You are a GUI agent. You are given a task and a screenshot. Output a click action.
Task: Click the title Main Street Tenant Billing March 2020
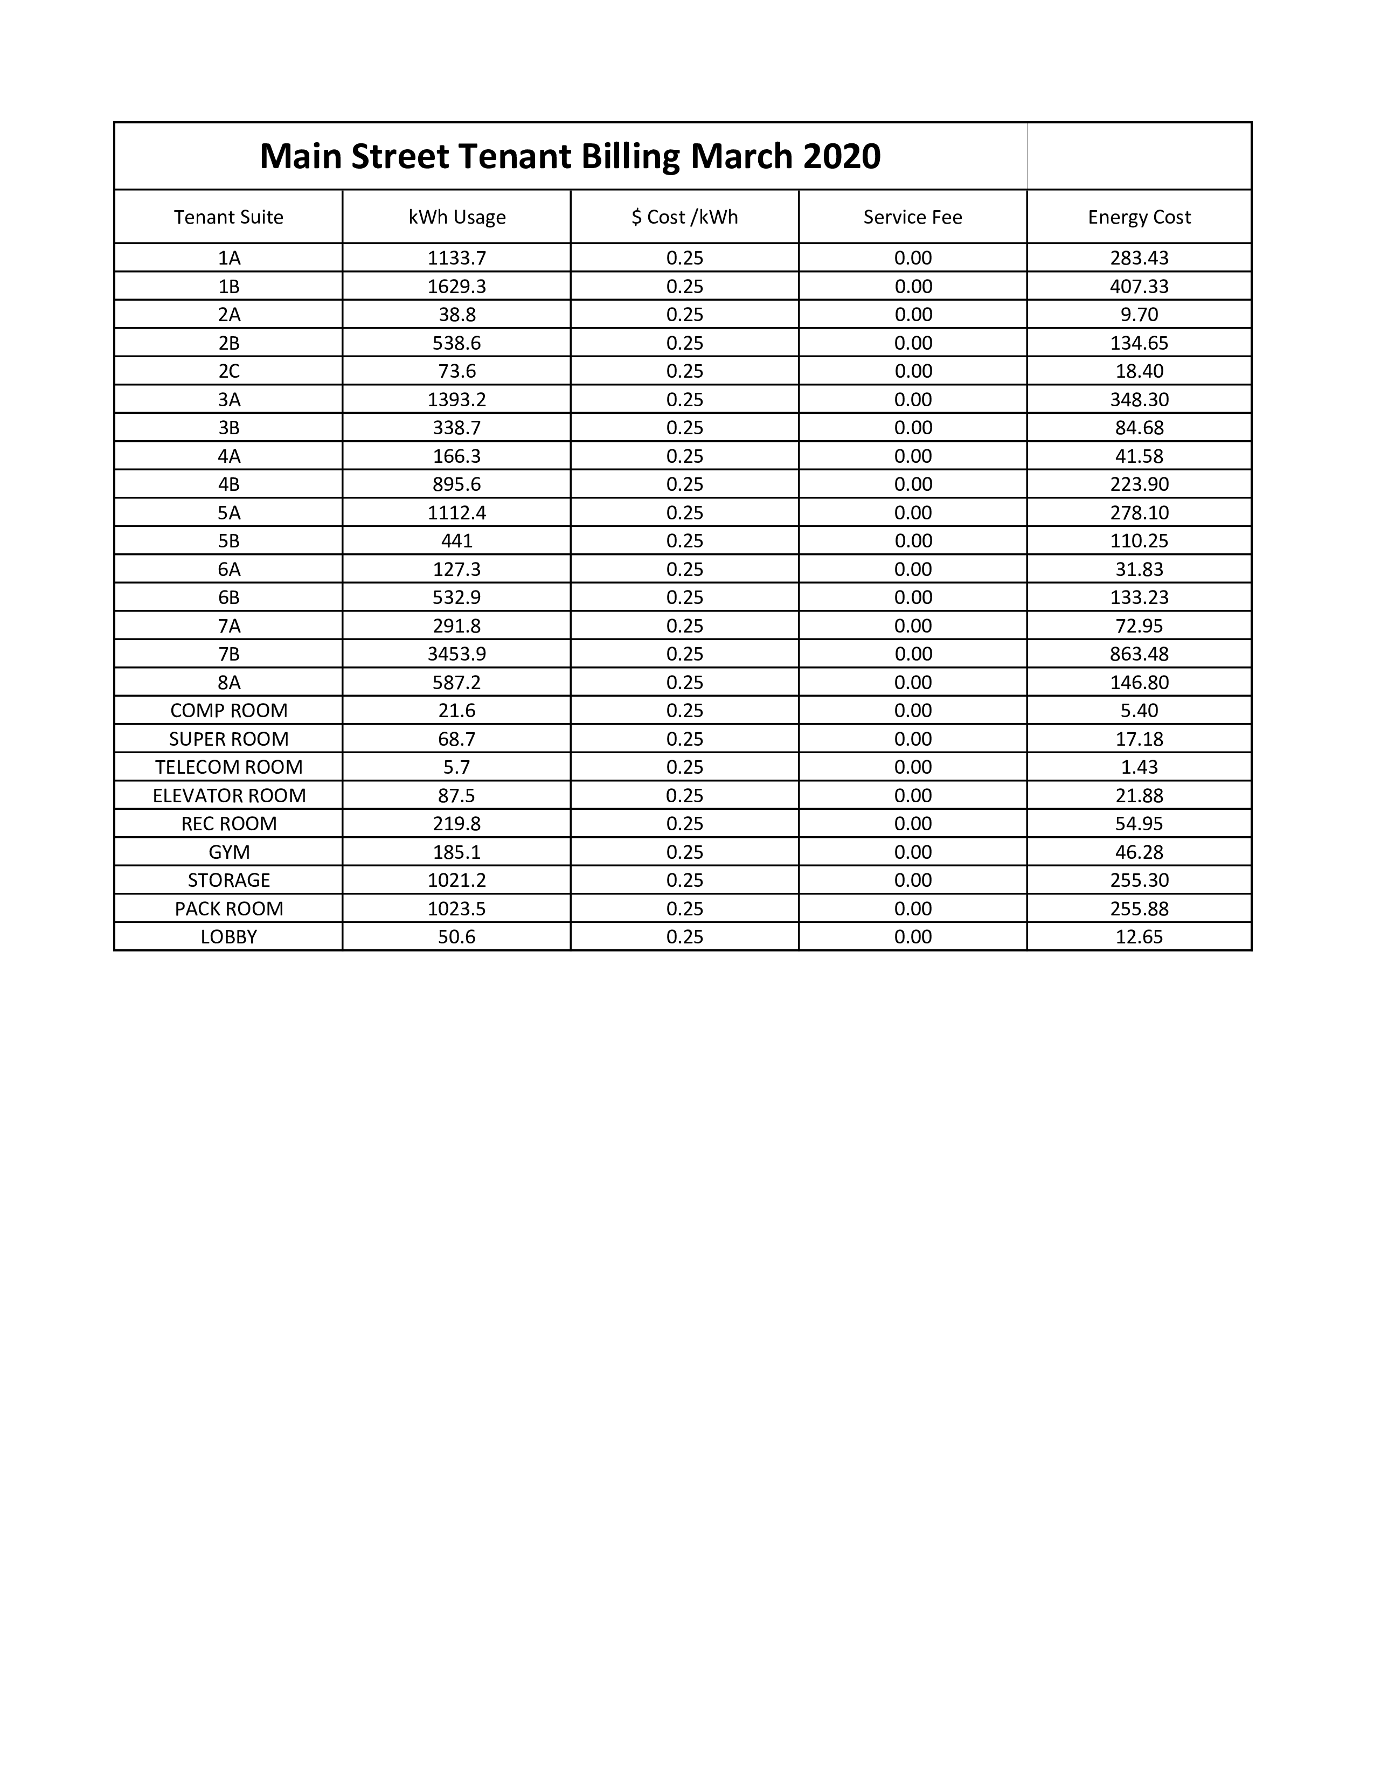pyautogui.click(x=570, y=156)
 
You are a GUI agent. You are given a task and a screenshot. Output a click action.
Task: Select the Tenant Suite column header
pyautogui.click(x=228, y=217)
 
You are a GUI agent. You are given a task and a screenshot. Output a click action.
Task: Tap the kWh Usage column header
pyautogui.click(x=456, y=217)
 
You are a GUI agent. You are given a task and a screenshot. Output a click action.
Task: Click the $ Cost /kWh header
pyautogui.click(x=684, y=217)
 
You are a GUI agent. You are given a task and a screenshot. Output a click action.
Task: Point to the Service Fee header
pyautogui.click(x=912, y=217)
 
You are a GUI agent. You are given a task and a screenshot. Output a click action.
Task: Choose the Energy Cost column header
pyautogui.click(x=1139, y=217)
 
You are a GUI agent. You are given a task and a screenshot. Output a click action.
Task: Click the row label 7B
pyautogui.click(x=228, y=654)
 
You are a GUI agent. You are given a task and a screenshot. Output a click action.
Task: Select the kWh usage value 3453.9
pyautogui.click(x=456, y=654)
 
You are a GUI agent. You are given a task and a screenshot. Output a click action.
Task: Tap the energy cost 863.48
pyautogui.click(x=1139, y=654)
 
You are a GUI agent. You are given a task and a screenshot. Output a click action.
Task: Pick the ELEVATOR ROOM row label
pyautogui.click(x=228, y=795)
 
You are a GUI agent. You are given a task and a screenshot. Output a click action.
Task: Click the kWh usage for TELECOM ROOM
pyautogui.click(x=456, y=767)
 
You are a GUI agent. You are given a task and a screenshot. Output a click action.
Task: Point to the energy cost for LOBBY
pyautogui.click(x=1139, y=937)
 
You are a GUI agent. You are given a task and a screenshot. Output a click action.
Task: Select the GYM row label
pyautogui.click(x=228, y=852)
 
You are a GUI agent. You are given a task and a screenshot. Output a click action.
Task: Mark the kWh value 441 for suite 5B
pyautogui.click(x=456, y=540)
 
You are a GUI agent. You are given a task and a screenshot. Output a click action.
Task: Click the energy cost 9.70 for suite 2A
pyautogui.click(x=1139, y=314)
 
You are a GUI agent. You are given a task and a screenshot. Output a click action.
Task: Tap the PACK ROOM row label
pyautogui.click(x=228, y=908)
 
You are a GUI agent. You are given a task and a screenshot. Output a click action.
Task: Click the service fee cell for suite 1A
pyautogui.click(x=912, y=258)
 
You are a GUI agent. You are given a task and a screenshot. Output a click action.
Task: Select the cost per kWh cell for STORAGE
pyautogui.click(x=684, y=880)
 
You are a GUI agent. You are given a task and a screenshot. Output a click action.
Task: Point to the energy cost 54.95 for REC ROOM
pyautogui.click(x=1139, y=824)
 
